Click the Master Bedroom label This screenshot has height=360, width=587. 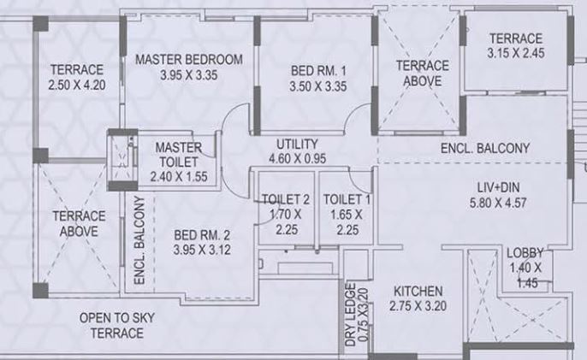pyautogui.click(x=189, y=59)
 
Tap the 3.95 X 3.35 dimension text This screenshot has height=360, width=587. pyautogui.click(x=189, y=75)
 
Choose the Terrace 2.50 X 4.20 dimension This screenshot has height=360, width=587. pyautogui.click(x=76, y=86)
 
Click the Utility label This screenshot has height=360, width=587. pyautogui.click(x=297, y=143)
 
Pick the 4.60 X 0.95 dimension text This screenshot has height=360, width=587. pyautogui.click(x=297, y=157)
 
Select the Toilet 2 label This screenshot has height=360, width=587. pyautogui.click(x=283, y=198)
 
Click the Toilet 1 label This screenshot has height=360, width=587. pyautogui.click(x=347, y=198)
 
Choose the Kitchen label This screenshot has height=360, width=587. pyautogui.click(x=416, y=290)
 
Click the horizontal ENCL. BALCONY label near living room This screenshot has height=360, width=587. pyautogui.click(x=485, y=148)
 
